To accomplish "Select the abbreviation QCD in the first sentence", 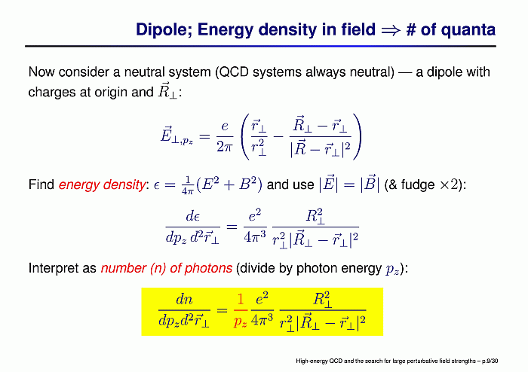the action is (234, 72).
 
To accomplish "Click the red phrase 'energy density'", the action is (102, 184).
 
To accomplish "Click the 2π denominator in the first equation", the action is (225, 147).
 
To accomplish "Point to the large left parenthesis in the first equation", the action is (246, 136).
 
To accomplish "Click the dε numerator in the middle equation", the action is (192, 216).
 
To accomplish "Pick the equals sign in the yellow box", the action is (222, 309).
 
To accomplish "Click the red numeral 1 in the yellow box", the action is (240, 299).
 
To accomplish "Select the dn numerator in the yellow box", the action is (184, 299).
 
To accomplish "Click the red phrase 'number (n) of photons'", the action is (167, 268).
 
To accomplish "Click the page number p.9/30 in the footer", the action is (490, 361).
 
